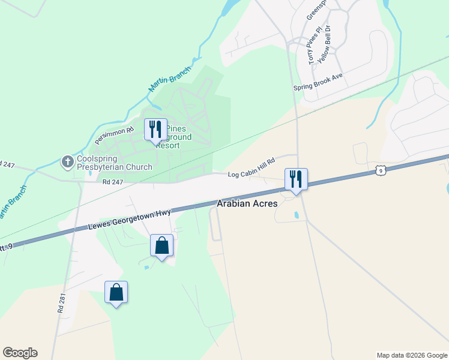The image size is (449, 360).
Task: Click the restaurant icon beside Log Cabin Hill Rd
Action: tap(296, 179)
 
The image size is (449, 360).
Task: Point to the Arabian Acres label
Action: tap(247, 204)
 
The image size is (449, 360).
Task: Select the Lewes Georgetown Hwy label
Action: tap(130, 219)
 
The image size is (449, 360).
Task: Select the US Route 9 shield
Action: tap(380, 172)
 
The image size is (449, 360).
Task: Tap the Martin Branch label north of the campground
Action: tap(169, 79)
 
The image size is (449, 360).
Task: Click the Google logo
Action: tap(20, 353)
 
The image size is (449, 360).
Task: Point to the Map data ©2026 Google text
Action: tap(411, 355)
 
